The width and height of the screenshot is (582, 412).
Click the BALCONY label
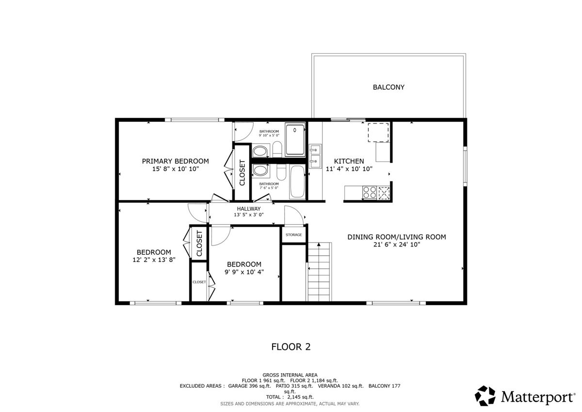click(x=388, y=87)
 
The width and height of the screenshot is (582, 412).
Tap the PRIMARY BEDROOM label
click(x=176, y=161)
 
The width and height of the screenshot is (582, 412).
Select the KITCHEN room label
click(x=349, y=161)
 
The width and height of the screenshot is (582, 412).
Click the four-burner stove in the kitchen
click(x=370, y=193)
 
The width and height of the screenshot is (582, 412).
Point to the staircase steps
click(x=319, y=272)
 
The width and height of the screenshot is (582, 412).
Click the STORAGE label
click(x=293, y=235)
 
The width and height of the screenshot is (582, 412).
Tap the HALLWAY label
click(x=249, y=209)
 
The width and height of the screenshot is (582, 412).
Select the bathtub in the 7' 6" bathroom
click(x=297, y=181)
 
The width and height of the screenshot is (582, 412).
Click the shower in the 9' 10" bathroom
click(x=295, y=140)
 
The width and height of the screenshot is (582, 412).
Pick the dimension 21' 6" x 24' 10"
click(x=397, y=245)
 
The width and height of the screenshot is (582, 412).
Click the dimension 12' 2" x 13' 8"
click(x=154, y=260)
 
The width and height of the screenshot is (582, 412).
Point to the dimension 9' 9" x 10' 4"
click(x=244, y=272)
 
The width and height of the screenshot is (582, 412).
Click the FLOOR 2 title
click(x=291, y=347)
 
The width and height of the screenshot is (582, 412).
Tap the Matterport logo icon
click(x=485, y=396)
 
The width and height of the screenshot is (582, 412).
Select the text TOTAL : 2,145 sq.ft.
click(x=290, y=397)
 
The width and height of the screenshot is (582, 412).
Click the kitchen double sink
click(x=315, y=156)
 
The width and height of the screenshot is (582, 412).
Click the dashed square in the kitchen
click(x=378, y=132)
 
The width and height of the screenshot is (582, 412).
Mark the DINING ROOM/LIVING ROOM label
click(x=397, y=237)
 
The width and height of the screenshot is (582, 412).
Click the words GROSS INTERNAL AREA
click(x=290, y=375)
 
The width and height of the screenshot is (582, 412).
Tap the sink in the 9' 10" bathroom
click(x=260, y=151)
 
